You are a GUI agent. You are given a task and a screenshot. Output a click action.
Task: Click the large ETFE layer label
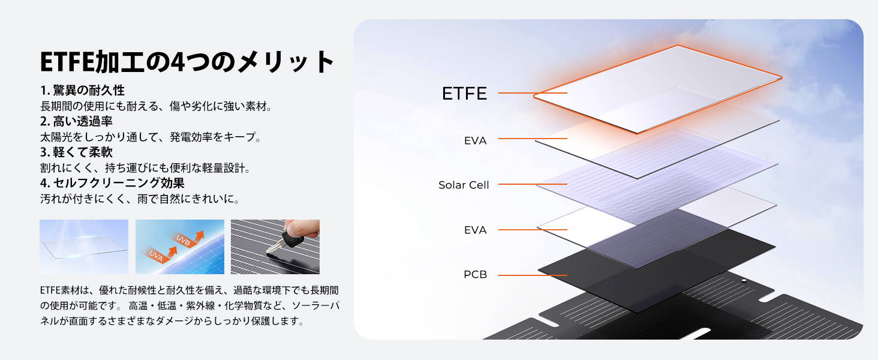464,94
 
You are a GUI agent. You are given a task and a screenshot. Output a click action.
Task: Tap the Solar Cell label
464,185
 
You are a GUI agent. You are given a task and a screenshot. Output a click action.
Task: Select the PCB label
475,274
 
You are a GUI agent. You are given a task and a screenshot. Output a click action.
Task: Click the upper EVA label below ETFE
475,140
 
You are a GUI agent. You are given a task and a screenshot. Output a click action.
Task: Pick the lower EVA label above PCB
475,230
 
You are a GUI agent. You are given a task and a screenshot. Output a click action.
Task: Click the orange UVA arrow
161,254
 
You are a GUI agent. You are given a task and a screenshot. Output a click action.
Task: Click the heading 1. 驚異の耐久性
82,90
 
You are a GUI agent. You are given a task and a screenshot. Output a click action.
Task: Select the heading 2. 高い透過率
76,121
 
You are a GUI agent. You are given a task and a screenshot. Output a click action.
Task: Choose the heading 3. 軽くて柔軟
76,152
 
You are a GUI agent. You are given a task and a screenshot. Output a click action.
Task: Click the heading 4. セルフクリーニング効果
112,183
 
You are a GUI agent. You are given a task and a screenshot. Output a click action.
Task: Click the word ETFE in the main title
67,62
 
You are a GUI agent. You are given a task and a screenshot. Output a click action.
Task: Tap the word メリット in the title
285,62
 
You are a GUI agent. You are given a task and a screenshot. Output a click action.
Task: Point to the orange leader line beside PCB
533,275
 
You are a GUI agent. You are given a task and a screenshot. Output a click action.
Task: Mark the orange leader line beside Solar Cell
533,184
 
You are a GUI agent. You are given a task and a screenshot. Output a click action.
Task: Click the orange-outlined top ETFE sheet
658,89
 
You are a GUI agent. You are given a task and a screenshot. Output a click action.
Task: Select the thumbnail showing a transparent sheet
84,247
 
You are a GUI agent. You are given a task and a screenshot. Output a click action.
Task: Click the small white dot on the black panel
744,281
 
